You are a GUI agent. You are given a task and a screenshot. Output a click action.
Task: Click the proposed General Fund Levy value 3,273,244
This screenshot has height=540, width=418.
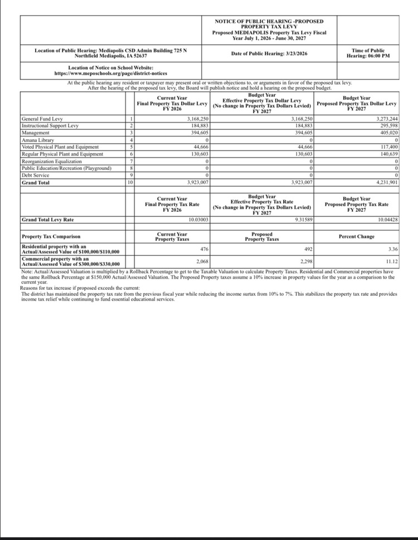coord(385,119)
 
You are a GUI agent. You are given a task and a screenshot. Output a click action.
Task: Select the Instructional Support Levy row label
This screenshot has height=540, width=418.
coord(50,125)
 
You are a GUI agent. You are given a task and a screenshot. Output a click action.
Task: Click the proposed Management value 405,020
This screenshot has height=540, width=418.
coord(387,133)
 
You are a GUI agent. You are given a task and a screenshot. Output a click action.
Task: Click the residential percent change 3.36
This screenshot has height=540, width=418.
coord(392,249)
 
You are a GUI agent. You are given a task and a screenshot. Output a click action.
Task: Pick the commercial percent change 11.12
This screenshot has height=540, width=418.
coord(390,261)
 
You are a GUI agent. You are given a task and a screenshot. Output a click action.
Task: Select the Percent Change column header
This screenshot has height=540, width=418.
coord(357,236)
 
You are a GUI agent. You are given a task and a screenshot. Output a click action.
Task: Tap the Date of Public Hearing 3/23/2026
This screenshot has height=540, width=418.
coord(269,53)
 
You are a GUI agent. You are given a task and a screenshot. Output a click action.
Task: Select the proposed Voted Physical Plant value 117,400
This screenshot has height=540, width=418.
coord(387,147)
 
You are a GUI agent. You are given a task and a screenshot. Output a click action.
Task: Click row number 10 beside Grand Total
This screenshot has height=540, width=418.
coord(130,182)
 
